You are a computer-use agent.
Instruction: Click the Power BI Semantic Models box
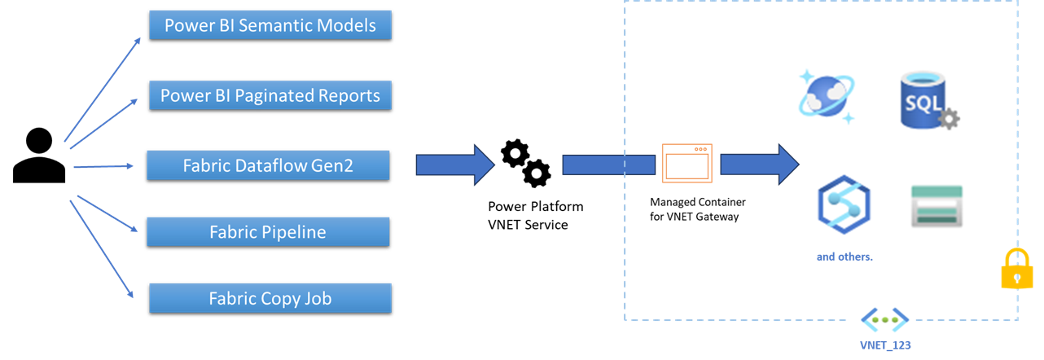point(270,25)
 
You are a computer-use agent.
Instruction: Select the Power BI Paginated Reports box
point(270,96)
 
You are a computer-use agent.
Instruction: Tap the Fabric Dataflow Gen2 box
point(268,166)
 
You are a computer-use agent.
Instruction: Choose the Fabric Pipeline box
point(268,232)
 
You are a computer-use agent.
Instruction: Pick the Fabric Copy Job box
point(270,299)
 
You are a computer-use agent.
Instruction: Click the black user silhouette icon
point(38,156)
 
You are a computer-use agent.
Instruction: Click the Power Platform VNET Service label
point(535,215)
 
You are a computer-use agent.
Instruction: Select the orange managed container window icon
point(686,163)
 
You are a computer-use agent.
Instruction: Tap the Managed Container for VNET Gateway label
point(697,209)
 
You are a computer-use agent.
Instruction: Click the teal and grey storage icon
point(936,206)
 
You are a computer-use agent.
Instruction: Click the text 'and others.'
point(844,257)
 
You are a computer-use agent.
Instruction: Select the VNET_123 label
point(885,345)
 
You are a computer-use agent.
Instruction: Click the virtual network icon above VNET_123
point(884,319)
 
